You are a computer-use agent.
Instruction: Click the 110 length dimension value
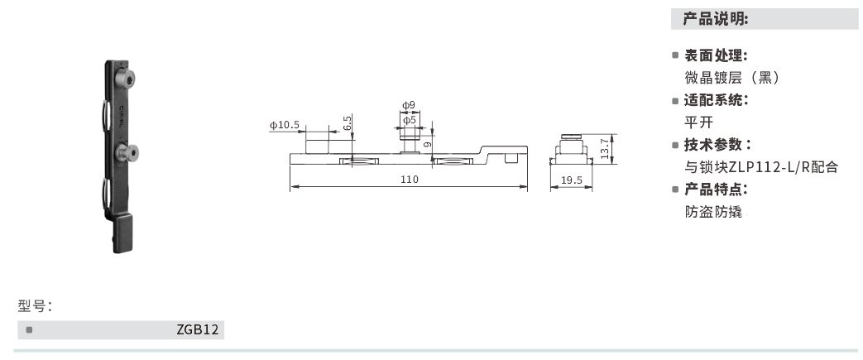coord(409,180)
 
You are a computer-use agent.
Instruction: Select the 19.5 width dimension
coord(572,180)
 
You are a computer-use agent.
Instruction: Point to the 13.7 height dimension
coord(605,148)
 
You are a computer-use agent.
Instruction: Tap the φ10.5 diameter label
coord(285,125)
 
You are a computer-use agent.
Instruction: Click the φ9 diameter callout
coord(409,104)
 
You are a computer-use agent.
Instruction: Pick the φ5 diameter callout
coord(409,119)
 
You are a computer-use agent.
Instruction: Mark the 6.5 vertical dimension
coord(347,122)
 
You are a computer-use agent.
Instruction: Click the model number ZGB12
coord(198,329)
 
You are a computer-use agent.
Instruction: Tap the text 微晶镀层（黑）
coord(732,78)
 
